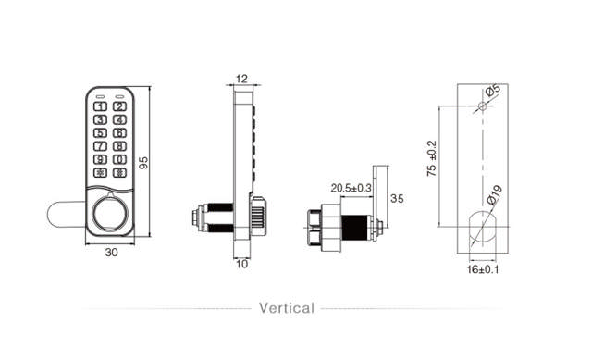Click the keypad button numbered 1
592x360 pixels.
click(x=98, y=106)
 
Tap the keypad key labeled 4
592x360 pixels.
click(x=118, y=119)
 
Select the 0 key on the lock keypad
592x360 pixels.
click(x=118, y=158)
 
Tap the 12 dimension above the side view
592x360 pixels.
click(x=241, y=79)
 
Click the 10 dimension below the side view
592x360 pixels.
click(x=240, y=265)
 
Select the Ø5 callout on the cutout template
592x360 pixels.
click(x=493, y=91)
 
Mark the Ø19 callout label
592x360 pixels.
click(x=493, y=195)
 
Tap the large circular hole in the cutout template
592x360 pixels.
click(x=483, y=225)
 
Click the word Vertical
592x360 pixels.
click(x=286, y=308)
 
